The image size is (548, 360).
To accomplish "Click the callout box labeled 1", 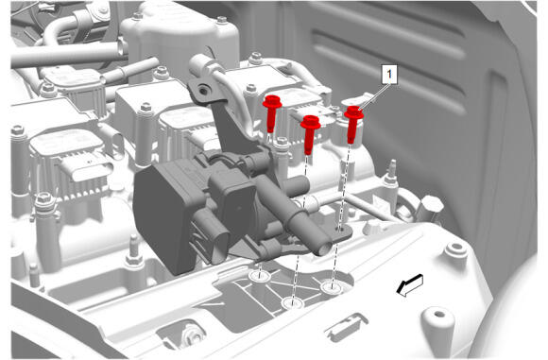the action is tap(389, 74).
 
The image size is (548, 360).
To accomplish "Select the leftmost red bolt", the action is tap(272, 113).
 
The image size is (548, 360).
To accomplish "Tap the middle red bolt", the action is tap(310, 134).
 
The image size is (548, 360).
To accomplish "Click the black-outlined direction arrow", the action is tap(410, 285).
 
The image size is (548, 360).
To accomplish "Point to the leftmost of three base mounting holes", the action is tap(260, 276).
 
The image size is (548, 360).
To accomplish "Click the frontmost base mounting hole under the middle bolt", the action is tap(293, 303).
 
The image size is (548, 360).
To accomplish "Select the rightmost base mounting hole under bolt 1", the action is tap(332, 287).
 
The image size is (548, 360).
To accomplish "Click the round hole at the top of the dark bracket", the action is tap(203, 91).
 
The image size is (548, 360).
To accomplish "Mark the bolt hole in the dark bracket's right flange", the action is tap(339, 229).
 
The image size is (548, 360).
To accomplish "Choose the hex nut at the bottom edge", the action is tap(192, 334).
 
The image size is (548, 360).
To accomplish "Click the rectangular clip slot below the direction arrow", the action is tap(346, 328).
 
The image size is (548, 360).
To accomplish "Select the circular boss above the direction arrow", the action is tap(456, 249).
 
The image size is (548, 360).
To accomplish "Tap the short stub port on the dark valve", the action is tap(297, 184).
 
